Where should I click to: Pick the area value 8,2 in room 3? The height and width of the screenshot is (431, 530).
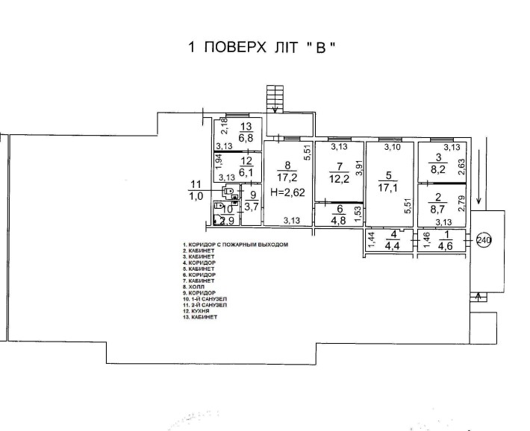[x=437, y=169]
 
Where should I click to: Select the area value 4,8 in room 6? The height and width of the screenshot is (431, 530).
[x=340, y=219]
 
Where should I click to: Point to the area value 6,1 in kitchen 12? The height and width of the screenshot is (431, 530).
[x=246, y=171]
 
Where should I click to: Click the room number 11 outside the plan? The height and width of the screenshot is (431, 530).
[x=196, y=184]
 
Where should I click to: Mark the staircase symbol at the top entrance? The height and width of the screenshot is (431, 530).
[x=275, y=97]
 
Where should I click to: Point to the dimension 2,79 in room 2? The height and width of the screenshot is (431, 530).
[x=463, y=204]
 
